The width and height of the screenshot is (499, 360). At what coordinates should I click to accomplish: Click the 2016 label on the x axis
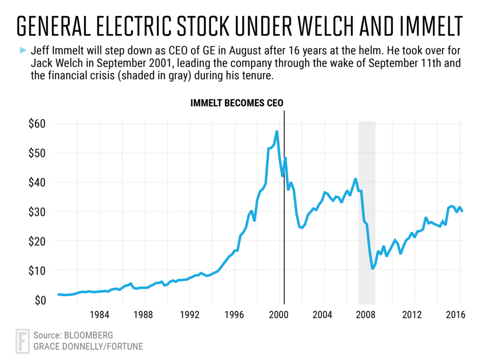(x=453, y=315)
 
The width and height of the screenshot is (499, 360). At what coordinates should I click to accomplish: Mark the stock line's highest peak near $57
(x=277, y=131)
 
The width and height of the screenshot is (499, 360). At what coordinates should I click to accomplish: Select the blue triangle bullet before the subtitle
(x=22, y=50)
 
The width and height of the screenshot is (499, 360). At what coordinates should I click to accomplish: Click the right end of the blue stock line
(x=462, y=211)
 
